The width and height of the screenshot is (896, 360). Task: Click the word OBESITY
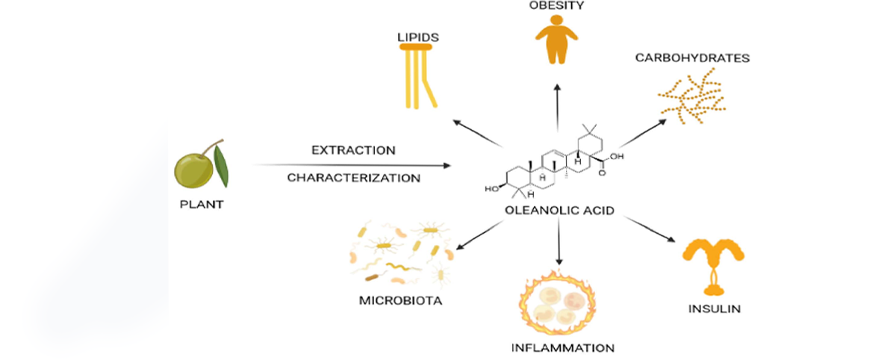click(x=556, y=5)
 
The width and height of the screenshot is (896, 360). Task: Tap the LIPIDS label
click(x=418, y=37)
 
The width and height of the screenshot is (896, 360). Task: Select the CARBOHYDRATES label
click(x=692, y=58)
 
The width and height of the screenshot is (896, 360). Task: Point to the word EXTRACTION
click(x=354, y=150)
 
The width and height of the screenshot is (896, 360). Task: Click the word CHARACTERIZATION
click(x=354, y=178)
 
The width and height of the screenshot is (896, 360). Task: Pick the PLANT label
click(x=202, y=205)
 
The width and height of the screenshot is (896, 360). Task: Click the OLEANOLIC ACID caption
click(x=559, y=211)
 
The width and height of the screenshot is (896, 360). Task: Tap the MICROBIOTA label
click(x=400, y=300)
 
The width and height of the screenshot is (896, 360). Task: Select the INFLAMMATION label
click(x=563, y=348)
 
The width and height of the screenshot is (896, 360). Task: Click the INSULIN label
click(x=715, y=308)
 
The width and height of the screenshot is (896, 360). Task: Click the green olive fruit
click(x=193, y=171)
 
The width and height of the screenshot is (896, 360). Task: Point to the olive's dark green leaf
click(x=221, y=166)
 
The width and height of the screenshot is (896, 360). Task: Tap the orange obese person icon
click(x=557, y=40)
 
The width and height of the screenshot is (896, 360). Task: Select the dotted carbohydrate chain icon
click(x=691, y=96)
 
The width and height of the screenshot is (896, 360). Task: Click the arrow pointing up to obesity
click(x=557, y=108)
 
